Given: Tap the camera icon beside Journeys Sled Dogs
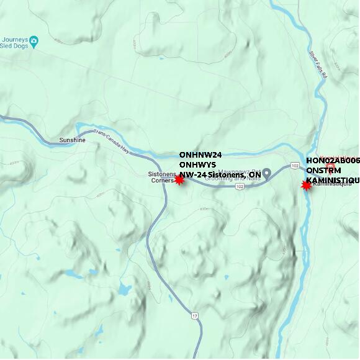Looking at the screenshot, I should tap(34, 42).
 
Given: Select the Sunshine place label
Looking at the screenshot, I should tap(72, 140).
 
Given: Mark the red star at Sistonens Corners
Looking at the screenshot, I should tap(179, 179).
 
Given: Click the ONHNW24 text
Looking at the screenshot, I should tap(200, 155).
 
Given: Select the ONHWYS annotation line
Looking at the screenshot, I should tap(197, 164).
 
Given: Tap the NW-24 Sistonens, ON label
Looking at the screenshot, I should tap(220, 175).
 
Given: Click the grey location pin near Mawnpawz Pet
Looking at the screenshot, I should tap(267, 173).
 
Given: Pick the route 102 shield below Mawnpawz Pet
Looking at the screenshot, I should tap(239, 186).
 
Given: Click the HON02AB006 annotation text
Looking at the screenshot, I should tap(333, 160).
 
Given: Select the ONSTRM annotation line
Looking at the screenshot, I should tap(323, 170).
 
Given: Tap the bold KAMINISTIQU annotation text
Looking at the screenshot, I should tap(333, 180).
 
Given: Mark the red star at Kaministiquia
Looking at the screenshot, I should tap(306, 185).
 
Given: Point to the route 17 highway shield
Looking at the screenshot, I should tap(196, 316).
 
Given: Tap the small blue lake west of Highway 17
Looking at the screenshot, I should tap(124, 289).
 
